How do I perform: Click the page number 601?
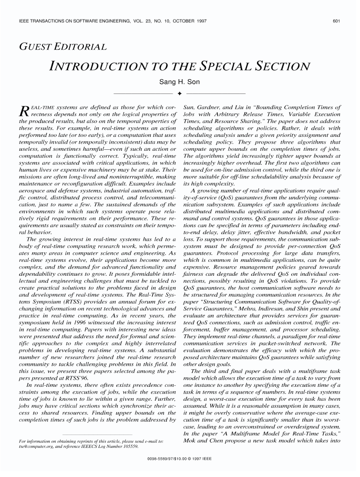click(336, 21)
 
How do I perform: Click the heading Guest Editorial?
click(62, 47)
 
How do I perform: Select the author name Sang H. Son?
click(179, 82)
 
